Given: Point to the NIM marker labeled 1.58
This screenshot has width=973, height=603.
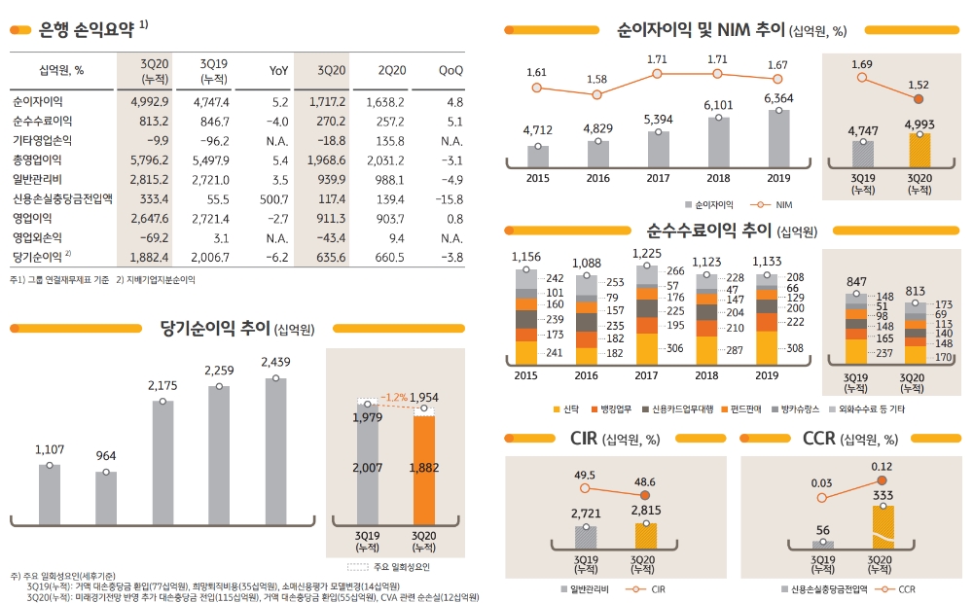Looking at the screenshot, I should (597, 94).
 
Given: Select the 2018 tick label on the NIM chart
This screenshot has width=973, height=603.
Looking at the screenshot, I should (718, 178).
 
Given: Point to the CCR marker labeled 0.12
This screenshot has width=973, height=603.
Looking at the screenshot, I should (883, 480).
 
